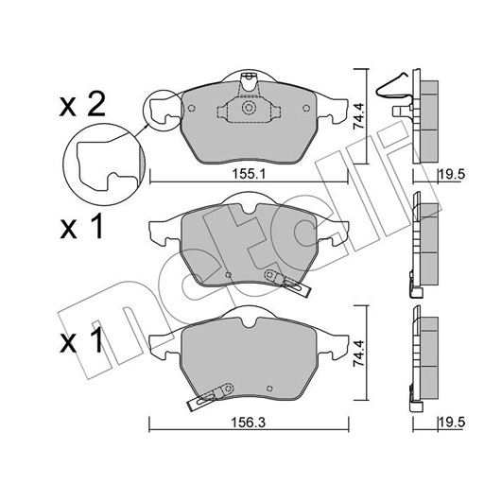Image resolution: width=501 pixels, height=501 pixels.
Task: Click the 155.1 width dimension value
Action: point(249,175)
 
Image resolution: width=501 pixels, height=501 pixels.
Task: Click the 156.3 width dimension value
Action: point(249,423)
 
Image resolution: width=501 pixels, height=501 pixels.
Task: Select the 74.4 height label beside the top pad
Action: point(358,115)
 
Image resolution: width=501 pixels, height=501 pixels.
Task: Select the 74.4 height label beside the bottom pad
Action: point(358,353)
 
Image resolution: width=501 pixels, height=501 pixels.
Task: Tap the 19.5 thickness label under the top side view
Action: point(452,175)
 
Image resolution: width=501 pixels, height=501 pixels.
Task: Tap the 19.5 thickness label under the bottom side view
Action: point(452,423)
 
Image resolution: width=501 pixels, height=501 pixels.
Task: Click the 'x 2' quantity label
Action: point(82,103)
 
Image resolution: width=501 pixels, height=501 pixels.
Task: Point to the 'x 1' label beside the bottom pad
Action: point(81,340)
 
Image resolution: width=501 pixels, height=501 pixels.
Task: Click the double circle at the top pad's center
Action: point(249,108)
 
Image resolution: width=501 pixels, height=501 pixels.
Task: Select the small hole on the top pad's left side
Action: point(191,109)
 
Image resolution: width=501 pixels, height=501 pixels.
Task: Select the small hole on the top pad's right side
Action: point(306,109)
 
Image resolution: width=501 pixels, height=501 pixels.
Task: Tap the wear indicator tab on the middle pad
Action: point(287,282)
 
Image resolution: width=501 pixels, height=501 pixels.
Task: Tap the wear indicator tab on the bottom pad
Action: point(210,396)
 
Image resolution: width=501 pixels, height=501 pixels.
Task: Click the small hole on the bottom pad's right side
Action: point(269,389)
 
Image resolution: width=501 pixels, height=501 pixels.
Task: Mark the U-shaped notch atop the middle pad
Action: point(250,209)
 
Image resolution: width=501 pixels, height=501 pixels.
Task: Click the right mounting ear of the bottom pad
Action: point(333,344)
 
